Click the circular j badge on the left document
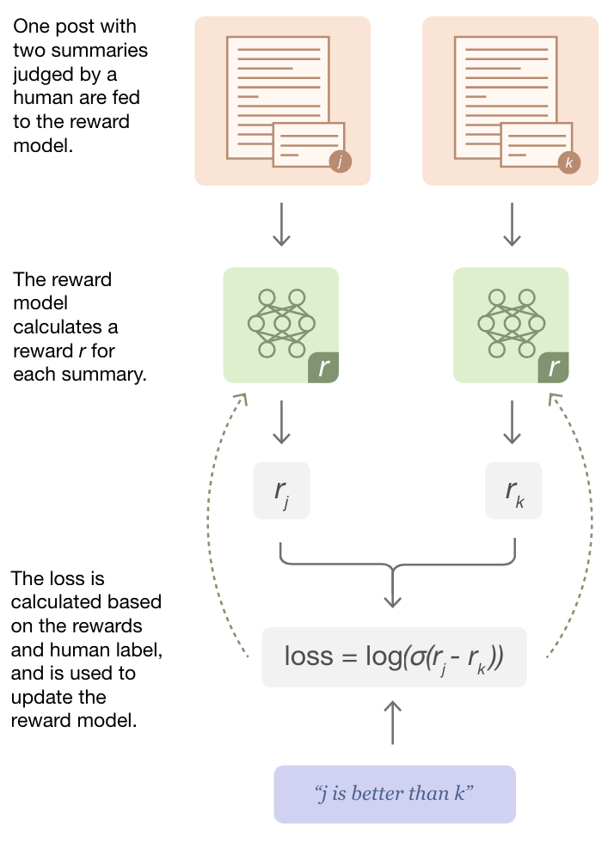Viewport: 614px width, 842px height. coord(341,162)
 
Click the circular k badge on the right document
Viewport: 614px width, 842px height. coord(568,162)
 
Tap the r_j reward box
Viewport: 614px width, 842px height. coord(281,491)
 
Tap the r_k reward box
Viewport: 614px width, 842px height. coord(513,491)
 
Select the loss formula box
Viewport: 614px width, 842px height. coord(394,657)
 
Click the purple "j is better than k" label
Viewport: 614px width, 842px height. coord(394,794)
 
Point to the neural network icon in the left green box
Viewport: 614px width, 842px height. coord(280,323)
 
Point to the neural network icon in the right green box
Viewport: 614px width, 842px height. coord(511,323)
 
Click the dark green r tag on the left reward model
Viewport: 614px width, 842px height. coord(323,368)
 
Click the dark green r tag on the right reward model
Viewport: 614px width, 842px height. coord(553,368)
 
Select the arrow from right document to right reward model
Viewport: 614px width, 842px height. coord(513,225)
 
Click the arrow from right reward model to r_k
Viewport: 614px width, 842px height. coord(513,423)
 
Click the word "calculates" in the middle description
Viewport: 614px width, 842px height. coord(52,327)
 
